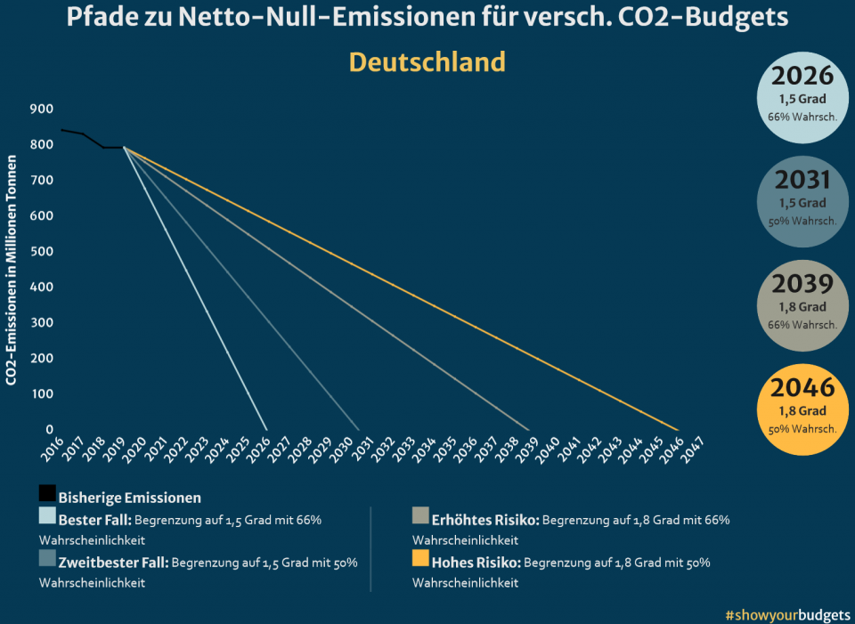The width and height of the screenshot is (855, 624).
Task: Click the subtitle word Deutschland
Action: tap(427, 62)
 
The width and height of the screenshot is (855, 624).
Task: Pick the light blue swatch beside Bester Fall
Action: tap(47, 516)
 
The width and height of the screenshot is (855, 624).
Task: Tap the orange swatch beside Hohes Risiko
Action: tap(420, 559)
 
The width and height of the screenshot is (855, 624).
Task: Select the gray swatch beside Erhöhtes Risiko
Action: tap(420, 516)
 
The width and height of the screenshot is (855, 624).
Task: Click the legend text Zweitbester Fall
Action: tap(112, 563)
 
